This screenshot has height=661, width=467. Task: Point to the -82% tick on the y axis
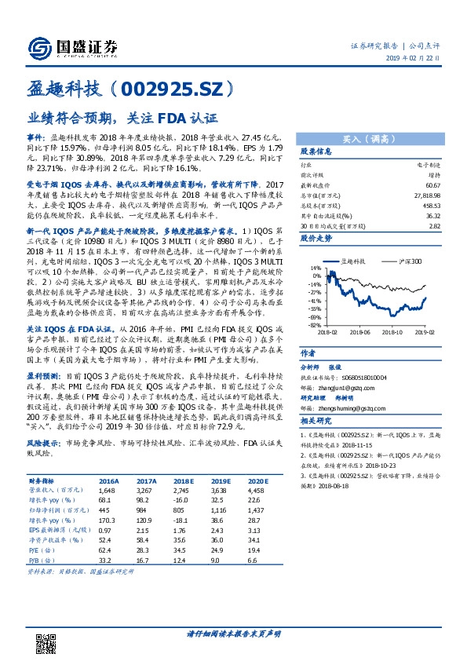click(x=314, y=324)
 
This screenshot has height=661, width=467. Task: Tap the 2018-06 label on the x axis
click(x=363, y=332)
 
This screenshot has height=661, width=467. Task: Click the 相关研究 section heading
click(x=316, y=421)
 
